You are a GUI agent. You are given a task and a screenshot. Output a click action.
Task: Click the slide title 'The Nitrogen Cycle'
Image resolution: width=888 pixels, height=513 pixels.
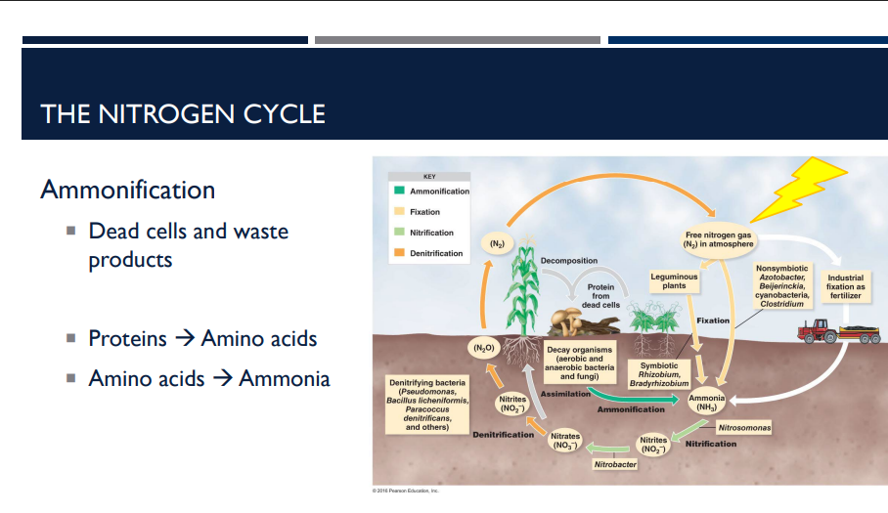[183, 113]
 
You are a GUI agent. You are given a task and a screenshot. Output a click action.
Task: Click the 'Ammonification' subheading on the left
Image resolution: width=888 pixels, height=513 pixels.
[127, 189]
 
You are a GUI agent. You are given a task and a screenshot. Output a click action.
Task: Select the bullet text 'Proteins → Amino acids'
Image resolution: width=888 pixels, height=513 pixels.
[202, 338]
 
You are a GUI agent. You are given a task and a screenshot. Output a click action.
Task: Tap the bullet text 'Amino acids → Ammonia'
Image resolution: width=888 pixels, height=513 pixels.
[208, 378]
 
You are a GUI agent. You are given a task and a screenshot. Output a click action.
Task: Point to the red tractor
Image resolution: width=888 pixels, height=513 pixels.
[820, 330]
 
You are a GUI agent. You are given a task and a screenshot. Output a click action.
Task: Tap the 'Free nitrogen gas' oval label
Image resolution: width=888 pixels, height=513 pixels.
[718, 238]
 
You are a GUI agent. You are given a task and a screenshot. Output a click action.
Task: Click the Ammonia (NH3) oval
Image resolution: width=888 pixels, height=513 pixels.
[707, 403]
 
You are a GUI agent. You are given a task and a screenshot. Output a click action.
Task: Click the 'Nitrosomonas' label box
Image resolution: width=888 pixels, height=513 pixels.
[744, 428]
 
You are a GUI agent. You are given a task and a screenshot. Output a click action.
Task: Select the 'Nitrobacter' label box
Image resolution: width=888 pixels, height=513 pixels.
[615, 464]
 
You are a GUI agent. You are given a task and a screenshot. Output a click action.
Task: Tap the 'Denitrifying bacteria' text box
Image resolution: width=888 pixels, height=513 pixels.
[427, 404]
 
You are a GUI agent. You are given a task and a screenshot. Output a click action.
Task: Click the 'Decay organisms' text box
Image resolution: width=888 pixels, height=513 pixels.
[579, 362]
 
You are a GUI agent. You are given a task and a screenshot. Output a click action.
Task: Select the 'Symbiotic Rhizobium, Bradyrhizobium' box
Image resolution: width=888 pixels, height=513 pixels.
[658, 374]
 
